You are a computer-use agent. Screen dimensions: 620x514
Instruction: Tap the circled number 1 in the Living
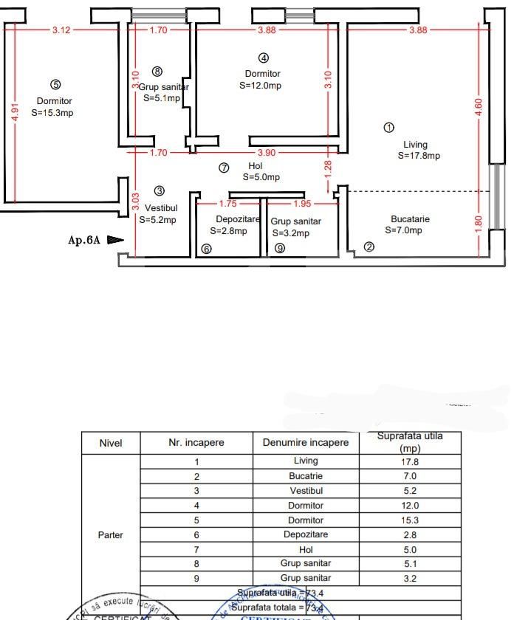[x=389, y=128]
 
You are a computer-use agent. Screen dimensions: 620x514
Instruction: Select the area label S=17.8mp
[x=419, y=156]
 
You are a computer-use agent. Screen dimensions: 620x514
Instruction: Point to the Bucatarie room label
[x=410, y=219]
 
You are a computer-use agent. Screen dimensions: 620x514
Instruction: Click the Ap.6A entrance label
[x=84, y=240]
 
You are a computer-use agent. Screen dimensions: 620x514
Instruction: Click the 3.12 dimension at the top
[x=61, y=30]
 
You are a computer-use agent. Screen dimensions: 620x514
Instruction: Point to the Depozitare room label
[x=238, y=219]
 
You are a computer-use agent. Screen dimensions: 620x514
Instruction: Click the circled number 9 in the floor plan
[x=280, y=249]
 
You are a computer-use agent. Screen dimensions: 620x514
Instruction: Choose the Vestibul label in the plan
[x=161, y=208]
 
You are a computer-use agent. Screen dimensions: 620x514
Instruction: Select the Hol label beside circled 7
[x=256, y=166]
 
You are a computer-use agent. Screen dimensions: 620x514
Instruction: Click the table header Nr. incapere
[x=196, y=443]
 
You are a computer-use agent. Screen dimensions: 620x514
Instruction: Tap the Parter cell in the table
[x=110, y=535]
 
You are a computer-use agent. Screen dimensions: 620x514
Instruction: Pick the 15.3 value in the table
[x=410, y=520]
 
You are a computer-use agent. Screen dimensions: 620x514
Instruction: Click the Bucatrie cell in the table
[x=306, y=476]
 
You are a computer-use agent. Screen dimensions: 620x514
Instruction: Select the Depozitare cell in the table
[x=306, y=534]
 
